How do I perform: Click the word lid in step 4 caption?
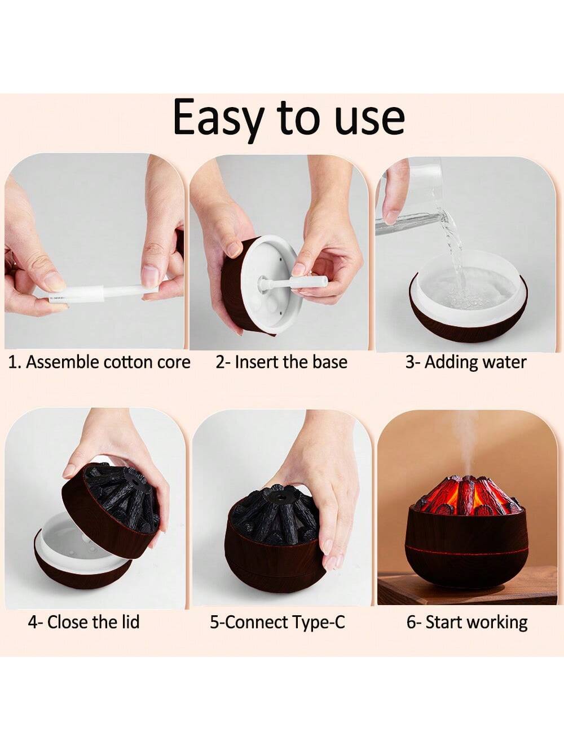[x=131, y=621]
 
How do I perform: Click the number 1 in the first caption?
[x=12, y=362]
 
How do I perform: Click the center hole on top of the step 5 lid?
[x=277, y=496]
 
